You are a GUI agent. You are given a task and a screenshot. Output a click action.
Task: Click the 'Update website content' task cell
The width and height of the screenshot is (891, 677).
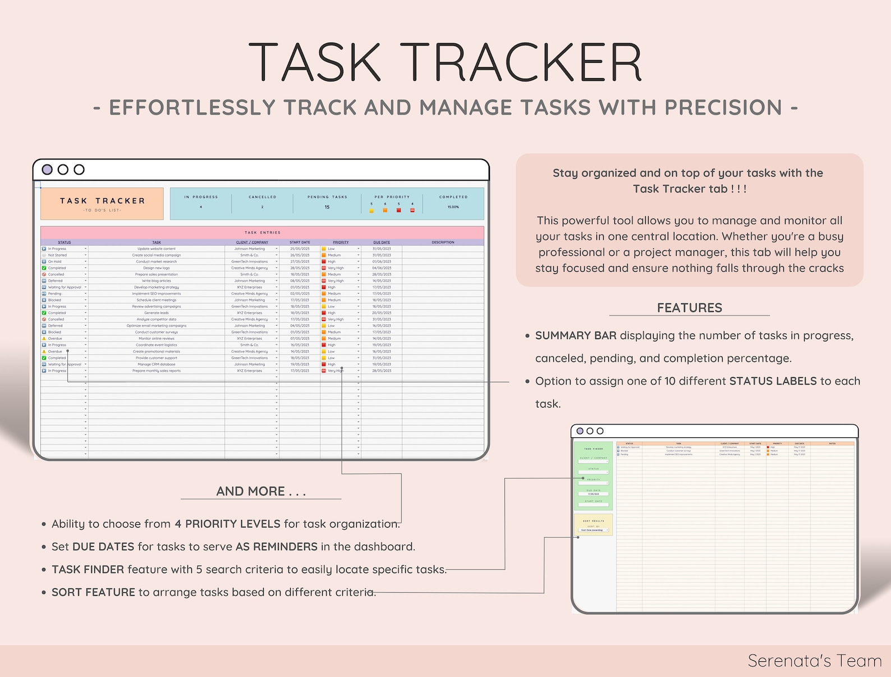point(157,249)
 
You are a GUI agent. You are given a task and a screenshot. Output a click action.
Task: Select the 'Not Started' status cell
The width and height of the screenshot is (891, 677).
point(57,255)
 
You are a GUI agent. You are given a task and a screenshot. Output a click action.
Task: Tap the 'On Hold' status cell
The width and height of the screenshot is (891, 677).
point(55,262)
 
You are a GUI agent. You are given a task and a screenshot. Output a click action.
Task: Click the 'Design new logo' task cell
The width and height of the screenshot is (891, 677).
point(157,268)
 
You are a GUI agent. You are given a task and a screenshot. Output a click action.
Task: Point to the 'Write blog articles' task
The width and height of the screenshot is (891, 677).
point(157,281)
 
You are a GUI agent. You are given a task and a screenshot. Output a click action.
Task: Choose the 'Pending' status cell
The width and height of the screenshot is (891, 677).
point(55,294)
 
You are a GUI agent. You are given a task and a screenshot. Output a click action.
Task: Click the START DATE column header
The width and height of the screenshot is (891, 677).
point(300,243)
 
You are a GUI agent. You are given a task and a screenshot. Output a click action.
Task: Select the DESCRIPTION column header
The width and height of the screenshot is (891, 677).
point(443,243)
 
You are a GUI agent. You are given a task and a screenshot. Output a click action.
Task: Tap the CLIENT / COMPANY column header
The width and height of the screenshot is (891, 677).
point(252,243)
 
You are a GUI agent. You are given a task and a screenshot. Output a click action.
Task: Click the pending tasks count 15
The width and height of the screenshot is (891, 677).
point(327,207)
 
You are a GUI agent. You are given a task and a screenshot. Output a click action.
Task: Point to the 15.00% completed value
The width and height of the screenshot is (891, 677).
point(453,207)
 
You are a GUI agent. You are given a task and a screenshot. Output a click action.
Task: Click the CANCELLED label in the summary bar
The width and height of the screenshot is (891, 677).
point(263,197)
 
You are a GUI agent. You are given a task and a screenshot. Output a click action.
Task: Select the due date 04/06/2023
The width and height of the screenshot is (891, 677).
point(382,268)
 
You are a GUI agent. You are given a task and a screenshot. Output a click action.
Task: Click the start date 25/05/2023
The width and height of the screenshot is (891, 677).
point(300,249)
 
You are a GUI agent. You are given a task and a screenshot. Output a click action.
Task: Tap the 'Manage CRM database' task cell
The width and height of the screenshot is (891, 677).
point(157,364)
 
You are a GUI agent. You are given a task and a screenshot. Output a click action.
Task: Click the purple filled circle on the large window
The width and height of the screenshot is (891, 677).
point(48,170)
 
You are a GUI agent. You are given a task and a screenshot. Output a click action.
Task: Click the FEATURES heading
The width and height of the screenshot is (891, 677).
point(690,308)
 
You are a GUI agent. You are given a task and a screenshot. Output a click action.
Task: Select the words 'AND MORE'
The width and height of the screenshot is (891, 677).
point(250,491)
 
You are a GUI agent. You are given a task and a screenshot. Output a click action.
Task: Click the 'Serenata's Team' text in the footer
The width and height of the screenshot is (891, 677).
point(814,661)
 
